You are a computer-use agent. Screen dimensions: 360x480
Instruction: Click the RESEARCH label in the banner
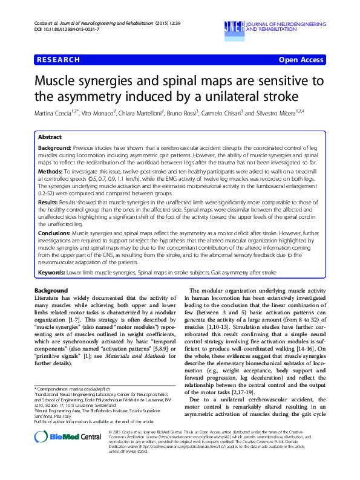pos(58,60)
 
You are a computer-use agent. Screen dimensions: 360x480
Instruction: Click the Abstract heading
pos(50,138)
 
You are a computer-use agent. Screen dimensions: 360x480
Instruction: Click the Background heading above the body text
pos(51,291)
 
